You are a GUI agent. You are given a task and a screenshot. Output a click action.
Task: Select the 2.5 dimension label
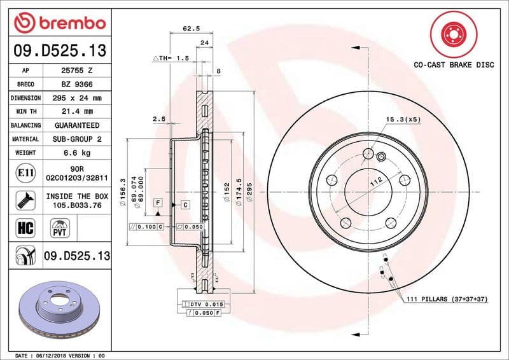(x=159, y=119)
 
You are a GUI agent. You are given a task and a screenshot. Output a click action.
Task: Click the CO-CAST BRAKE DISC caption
(x=454, y=64)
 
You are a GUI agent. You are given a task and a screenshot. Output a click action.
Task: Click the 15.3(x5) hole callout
(x=403, y=120)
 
